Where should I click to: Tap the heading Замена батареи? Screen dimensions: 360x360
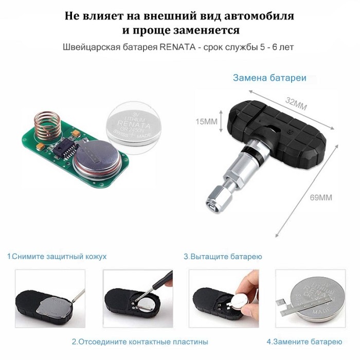coord(269,78)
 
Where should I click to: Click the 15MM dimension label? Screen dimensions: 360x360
coord(206,122)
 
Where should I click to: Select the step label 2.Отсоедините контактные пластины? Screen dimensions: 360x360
coord(139,341)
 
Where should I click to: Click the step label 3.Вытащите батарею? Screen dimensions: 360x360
coord(223,256)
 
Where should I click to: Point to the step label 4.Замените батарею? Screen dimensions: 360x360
coord(304,341)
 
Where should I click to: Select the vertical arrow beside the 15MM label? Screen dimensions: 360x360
coord(222,121)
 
